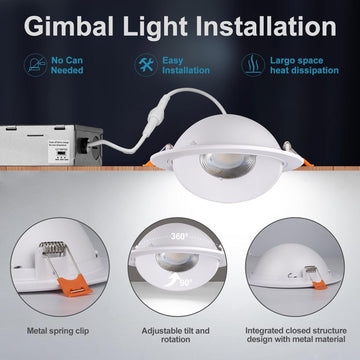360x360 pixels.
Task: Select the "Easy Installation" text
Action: coord(187,66)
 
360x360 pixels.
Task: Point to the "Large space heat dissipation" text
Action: coord(304,66)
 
